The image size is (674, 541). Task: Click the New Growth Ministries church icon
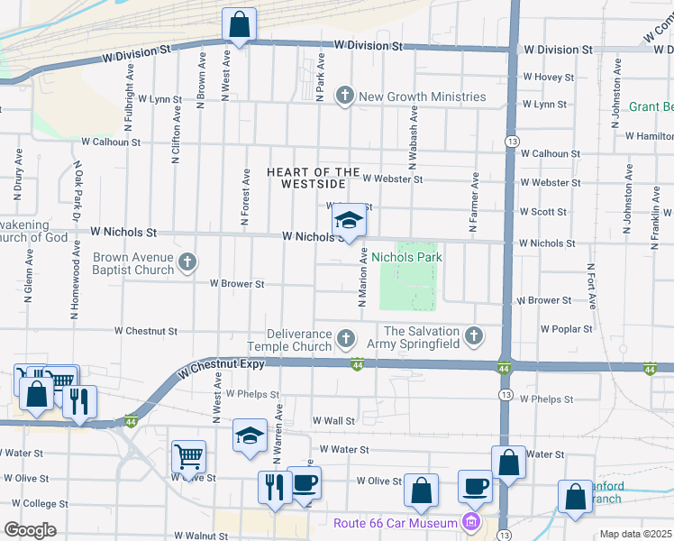pyautogui.click(x=345, y=96)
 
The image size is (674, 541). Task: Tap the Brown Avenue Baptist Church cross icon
pyautogui.click(x=187, y=263)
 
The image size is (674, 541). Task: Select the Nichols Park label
pyautogui.click(x=406, y=257)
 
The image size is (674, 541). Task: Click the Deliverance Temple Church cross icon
pyautogui.click(x=345, y=340)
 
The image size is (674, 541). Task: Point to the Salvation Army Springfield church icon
pyautogui.click(x=475, y=337)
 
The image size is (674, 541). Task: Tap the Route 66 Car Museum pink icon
pyautogui.click(x=469, y=522)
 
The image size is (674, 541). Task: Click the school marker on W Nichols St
pyautogui.click(x=349, y=221)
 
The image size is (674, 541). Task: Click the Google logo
pyautogui.click(x=30, y=530)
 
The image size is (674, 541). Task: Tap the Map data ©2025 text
pyautogui.click(x=634, y=534)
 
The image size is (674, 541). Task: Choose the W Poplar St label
pyautogui.click(x=566, y=330)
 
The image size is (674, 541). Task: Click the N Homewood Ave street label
pyautogui.click(x=76, y=284)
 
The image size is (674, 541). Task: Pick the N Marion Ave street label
pyautogui.click(x=362, y=277)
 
